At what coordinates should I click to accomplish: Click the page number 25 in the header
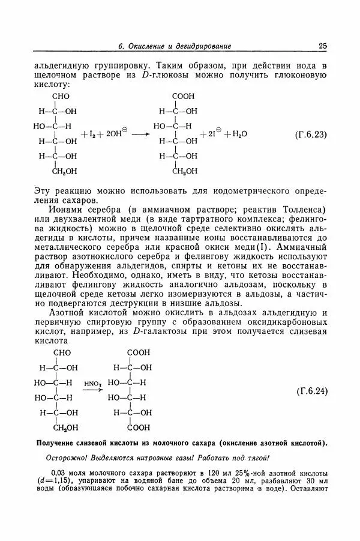[x=322, y=46]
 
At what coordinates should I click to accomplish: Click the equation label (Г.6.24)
[x=311, y=391]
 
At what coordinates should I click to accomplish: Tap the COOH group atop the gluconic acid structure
[x=182, y=97]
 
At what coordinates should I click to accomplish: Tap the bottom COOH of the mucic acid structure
[x=139, y=428]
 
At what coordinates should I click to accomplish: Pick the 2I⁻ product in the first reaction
[x=211, y=133]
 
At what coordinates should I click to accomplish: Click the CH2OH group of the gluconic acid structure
[x=185, y=171]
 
